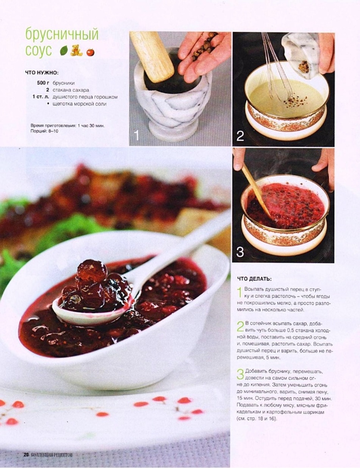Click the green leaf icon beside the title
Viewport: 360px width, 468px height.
click(x=64, y=51)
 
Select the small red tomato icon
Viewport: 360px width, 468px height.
click(x=91, y=52)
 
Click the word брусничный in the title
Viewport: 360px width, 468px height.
click(x=62, y=34)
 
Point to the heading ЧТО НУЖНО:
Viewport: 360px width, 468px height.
click(x=42, y=73)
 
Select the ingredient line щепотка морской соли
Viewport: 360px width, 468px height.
click(x=80, y=104)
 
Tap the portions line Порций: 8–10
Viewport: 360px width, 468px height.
click(x=44, y=131)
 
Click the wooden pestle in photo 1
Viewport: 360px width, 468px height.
click(x=152, y=56)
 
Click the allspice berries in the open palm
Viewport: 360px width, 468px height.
click(x=203, y=46)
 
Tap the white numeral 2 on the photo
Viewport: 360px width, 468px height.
click(x=240, y=136)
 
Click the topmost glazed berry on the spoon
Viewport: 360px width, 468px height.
click(x=92, y=269)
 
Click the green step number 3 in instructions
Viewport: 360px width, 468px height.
click(x=241, y=374)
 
